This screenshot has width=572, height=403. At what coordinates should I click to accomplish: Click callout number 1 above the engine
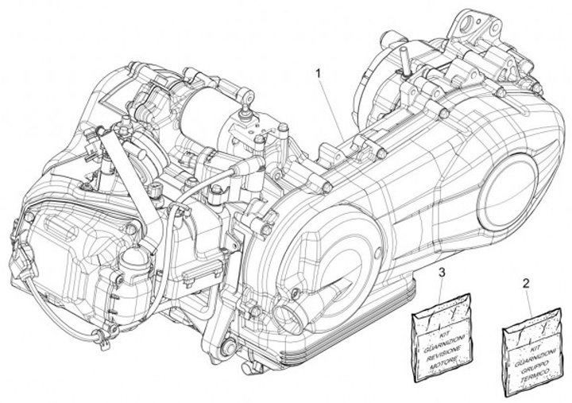click(319, 72)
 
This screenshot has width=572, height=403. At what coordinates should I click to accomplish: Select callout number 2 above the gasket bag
click(526, 282)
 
